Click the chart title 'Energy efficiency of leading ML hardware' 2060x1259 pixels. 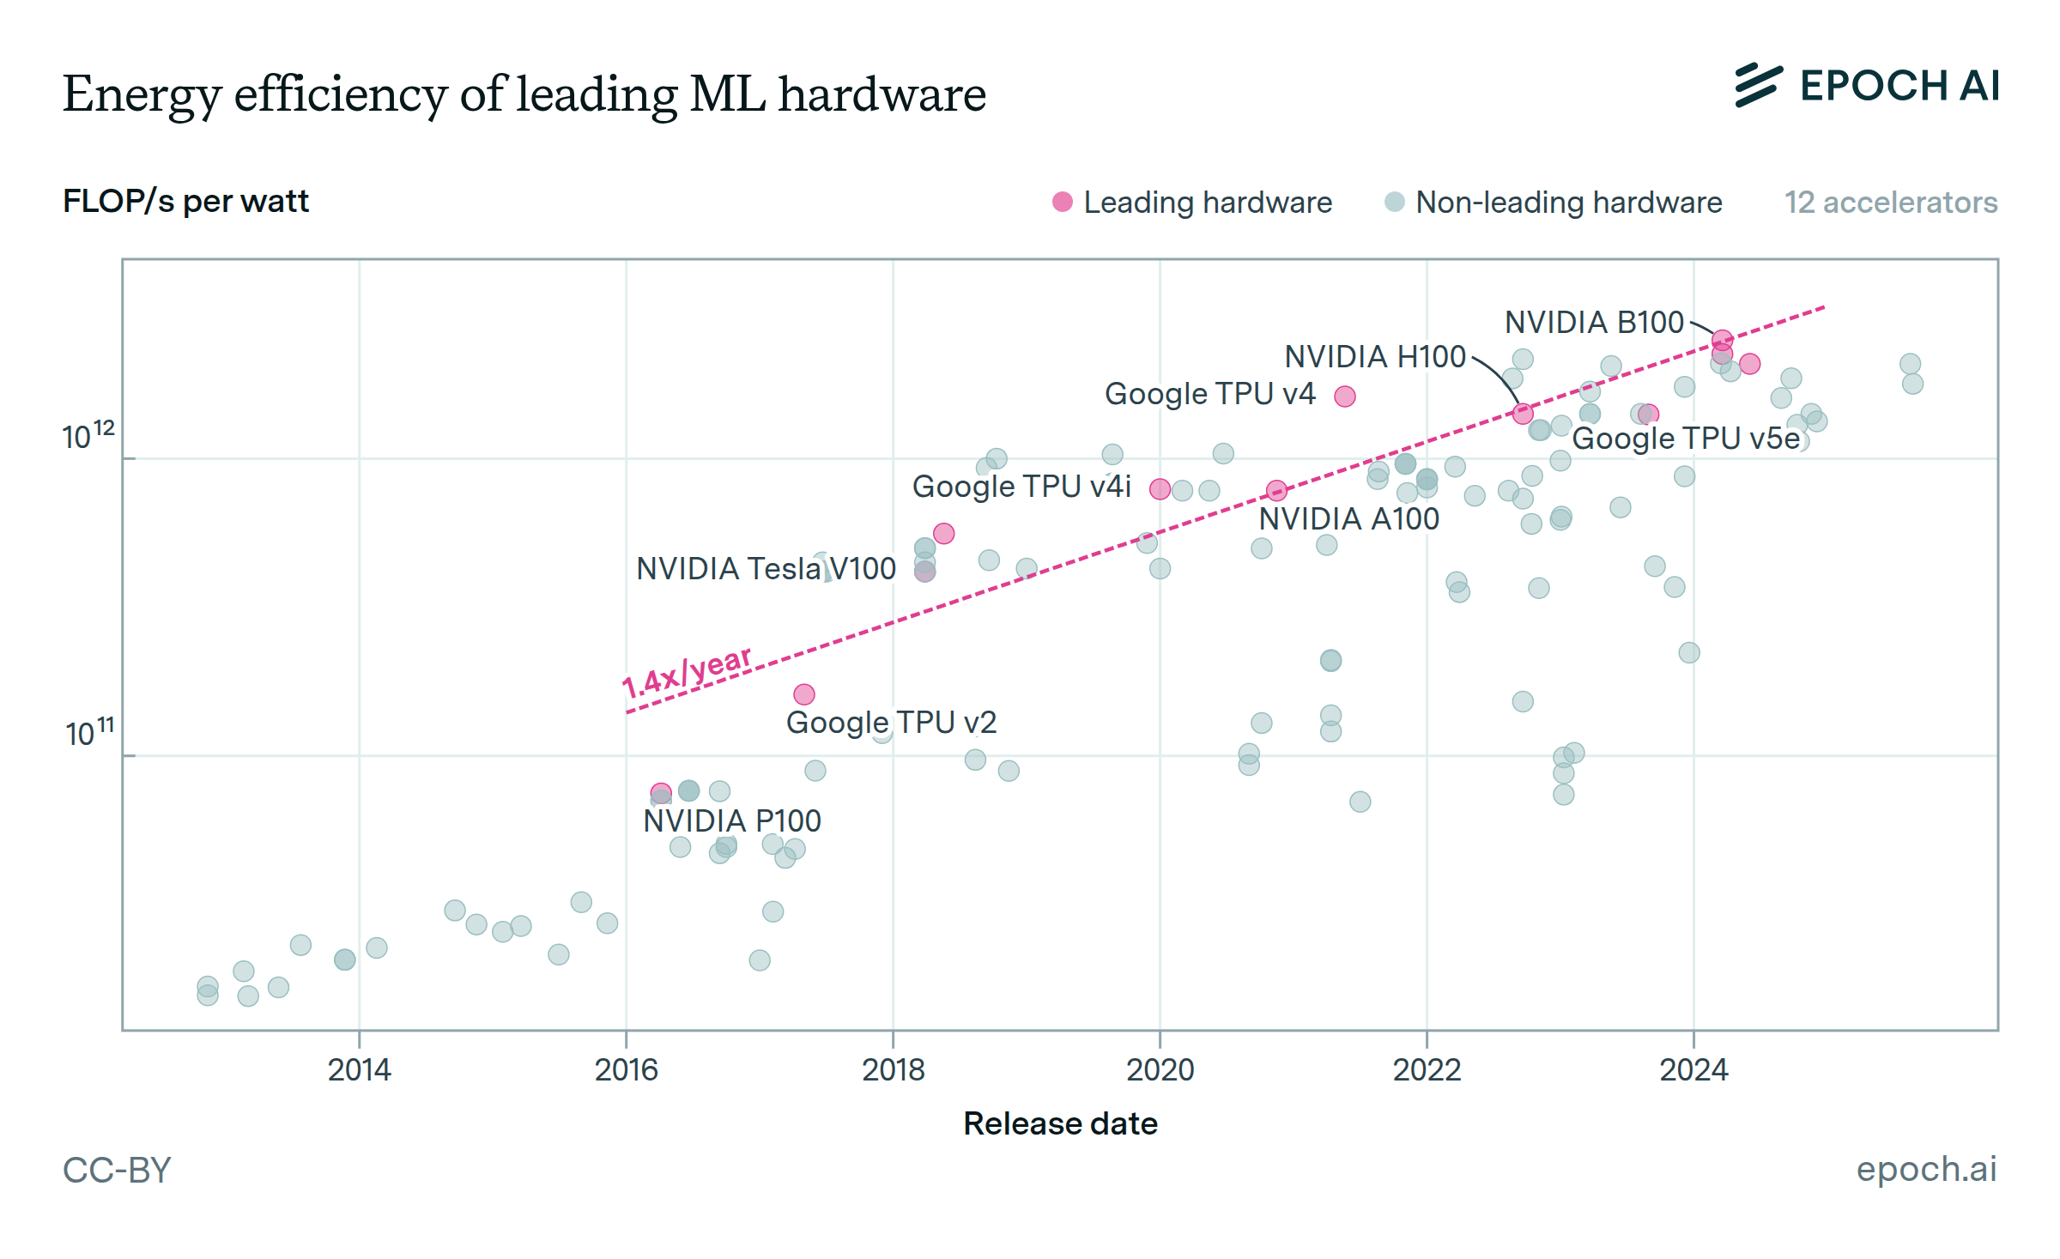pyautogui.click(x=524, y=94)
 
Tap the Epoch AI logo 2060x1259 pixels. pyautogui.click(x=1867, y=86)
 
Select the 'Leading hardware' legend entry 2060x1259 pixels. pyautogui.click(x=1193, y=203)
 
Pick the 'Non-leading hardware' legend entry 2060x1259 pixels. pyautogui.click(x=1554, y=203)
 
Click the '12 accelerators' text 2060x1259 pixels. pyautogui.click(x=1891, y=203)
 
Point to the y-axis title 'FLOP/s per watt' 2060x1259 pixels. pyautogui.click(x=185, y=202)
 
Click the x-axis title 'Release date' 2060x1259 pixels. pyautogui.click(x=1060, y=1123)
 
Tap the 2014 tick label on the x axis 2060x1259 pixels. pyautogui.click(x=359, y=1070)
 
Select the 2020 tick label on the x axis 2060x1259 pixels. pyautogui.click(x=1160, y=1070)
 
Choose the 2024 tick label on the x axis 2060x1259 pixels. pyautogui.click(x=1693, y=1070)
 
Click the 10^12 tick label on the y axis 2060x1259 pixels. pyautogui.click(x=88, y=435)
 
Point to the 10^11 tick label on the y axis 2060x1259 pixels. pyautogui.click(x=89, y=732)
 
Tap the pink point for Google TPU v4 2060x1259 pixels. pyautogui.click(x=1345, y=396)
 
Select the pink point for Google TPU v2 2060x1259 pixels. pyautogui.click(x=804, y=694)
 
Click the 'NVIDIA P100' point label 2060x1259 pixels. pyautogui.click(x=732, y=821)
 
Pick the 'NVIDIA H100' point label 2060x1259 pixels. pyautogui.click(x=1375, y=357)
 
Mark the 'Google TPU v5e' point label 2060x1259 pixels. pyautogui.click(x=1686, y=439)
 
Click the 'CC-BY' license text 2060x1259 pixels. pyautogui.click(x=118, y=1170)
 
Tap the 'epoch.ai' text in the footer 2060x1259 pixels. pyautogui.click(x=1926, y=1169)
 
